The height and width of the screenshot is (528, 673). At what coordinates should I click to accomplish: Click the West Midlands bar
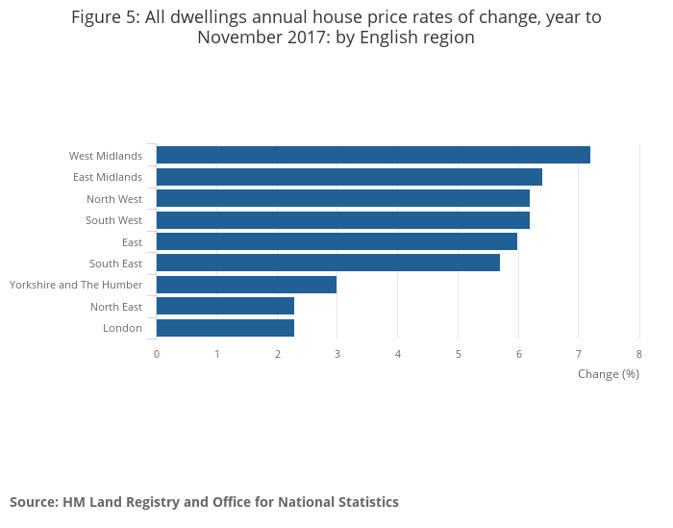pyautogui.click(x=373, y=155)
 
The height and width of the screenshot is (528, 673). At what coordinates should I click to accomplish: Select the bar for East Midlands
pyautogui.click(x=349, y=177)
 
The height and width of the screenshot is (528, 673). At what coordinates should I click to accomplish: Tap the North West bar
pyautogui.click(x=343, y=198)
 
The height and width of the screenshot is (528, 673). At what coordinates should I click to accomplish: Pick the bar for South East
pyautogui.click(x=328, y=263)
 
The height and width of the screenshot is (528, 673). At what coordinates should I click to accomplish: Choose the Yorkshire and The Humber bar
pyautogui.click(x=246, y=285)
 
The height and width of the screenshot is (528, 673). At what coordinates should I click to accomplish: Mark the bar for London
pyautogui.click(x=225, y=328)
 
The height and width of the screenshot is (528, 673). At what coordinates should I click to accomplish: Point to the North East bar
pyautogui.click(x=225, y=306)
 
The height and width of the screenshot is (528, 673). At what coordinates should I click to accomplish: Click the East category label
pyautogui.click(x=132, y=242)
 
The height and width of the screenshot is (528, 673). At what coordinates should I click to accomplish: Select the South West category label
pyautogui.click(x=113, y=220)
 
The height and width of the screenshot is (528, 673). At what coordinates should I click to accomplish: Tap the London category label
pyautogui.click(x=122, y=328)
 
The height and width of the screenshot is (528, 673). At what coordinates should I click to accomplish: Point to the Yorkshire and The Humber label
pyautogui.click(x=76, y=285)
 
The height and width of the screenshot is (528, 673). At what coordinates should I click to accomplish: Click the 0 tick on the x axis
pyautogui.click(x=157, y=354)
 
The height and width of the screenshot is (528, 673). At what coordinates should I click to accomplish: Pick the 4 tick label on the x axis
pyautogui.click(x=398, y=354)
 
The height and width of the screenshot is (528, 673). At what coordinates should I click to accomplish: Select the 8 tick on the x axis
pyautogui.click(x=639, y=354)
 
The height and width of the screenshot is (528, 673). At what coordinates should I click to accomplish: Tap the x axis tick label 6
pyautogui.click(x=518, y=354)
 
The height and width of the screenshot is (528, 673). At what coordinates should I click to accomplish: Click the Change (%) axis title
pyautogui.click(x=609, y=374)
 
